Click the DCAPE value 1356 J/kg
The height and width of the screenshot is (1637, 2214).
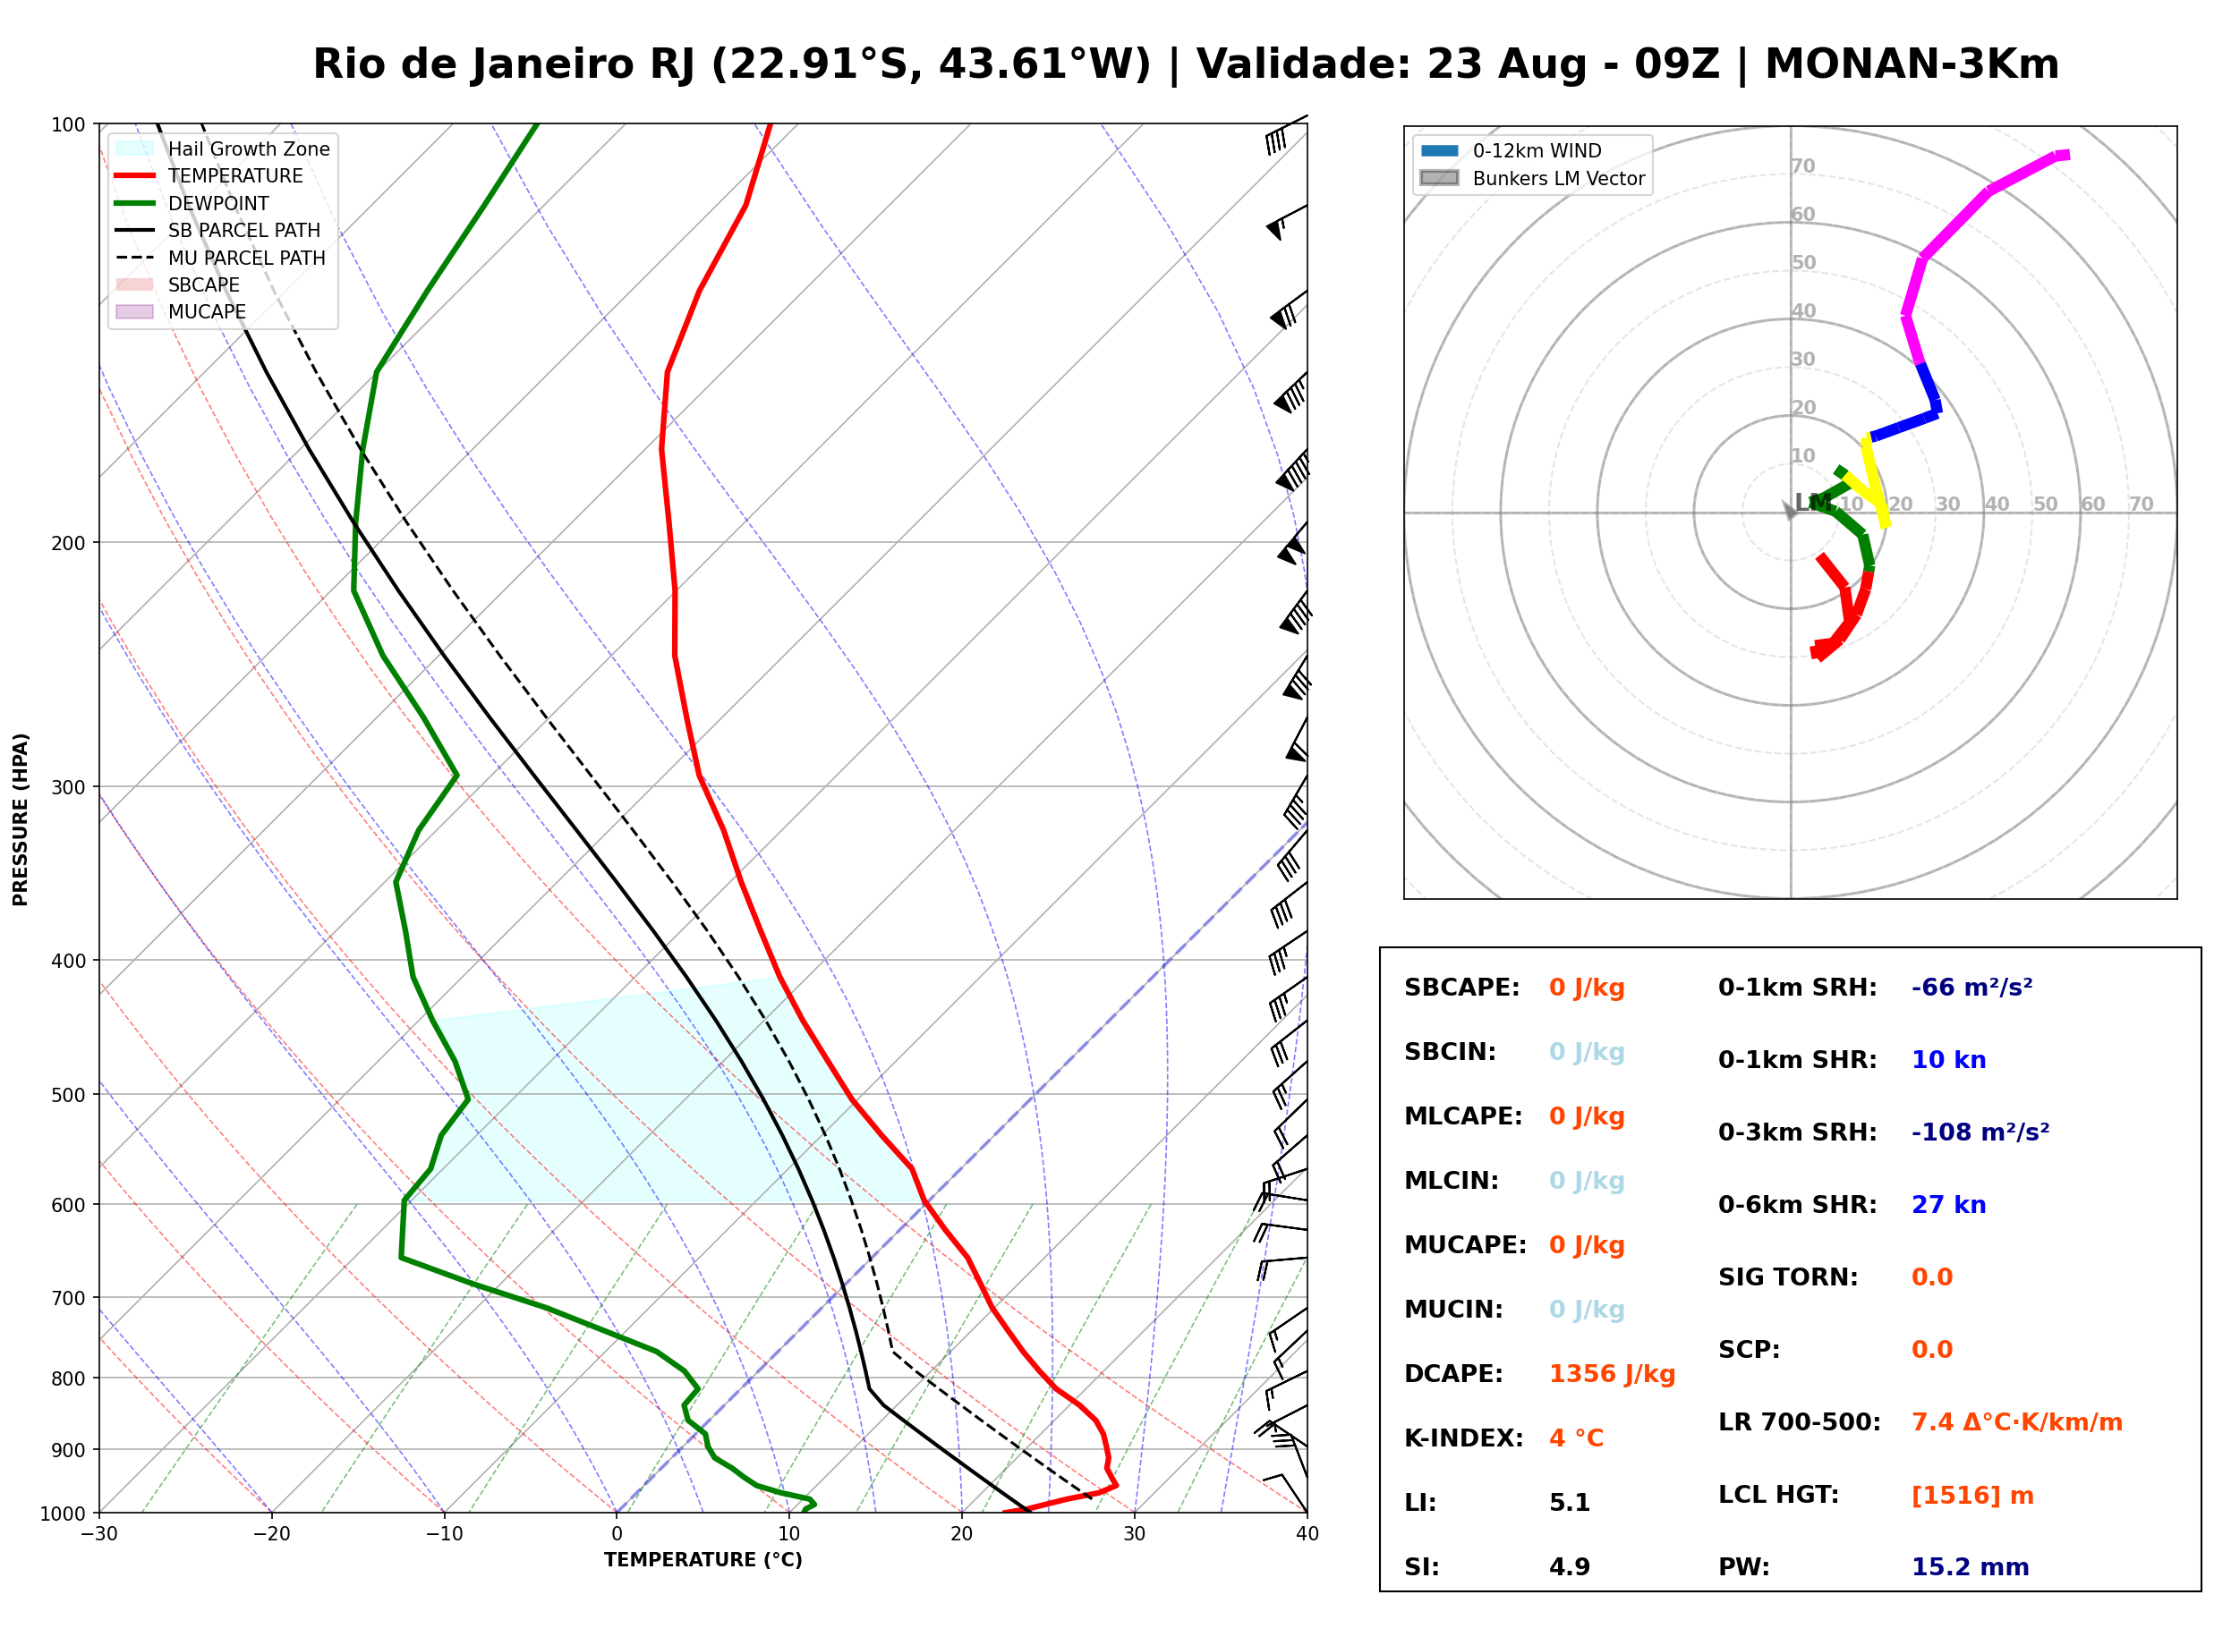coord(1612,1374)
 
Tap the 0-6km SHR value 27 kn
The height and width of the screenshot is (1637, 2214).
coord(1948,1205)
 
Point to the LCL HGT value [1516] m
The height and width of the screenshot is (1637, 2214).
coord(1972,1496)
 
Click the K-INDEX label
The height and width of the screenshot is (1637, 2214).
coord(1464,1438)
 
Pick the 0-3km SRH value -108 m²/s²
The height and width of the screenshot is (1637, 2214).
coord(1980,1132)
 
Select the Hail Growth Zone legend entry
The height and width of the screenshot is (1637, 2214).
coord(222,148)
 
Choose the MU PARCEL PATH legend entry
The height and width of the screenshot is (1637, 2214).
coord(220,258)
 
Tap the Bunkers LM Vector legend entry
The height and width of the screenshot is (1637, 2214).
coord(1532,178)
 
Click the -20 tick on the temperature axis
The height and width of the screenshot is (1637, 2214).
coord(271,1534)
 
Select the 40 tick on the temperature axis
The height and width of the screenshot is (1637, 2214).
coord(1307,1534)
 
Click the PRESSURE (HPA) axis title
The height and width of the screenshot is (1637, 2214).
coord(21,819)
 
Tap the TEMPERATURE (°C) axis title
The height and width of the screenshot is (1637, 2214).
coord(703,1560)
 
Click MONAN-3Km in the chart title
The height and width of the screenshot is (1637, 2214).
coord(1912,64)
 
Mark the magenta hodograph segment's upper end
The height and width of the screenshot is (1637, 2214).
coord(2068,155)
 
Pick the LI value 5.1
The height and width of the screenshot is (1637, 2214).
coord(1570,1503)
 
